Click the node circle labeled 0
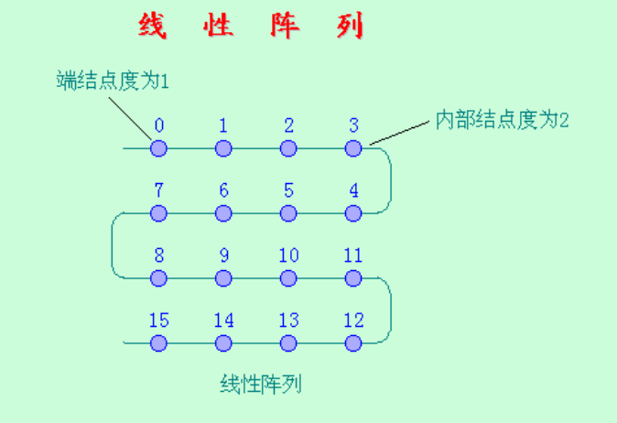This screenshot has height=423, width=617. tap(158, 148)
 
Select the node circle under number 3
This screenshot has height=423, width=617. tap(353, 148)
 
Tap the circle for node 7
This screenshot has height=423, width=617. tap(158, 213)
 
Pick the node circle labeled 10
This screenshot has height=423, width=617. tap(288, 278)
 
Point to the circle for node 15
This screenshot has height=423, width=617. tap(158, 343)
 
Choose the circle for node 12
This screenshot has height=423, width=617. tap(353, 343)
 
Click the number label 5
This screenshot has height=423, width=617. tap(289, 190)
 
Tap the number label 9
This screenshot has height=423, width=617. tap(224, 255)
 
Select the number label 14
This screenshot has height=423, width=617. tap(224, 320)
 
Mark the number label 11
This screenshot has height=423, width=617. tap(353, 255)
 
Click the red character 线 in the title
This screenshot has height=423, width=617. tap(152, 26)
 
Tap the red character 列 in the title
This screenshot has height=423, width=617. tap(350, 26)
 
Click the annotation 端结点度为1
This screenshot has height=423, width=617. tap(113, 81)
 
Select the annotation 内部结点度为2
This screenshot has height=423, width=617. tap(502, 120)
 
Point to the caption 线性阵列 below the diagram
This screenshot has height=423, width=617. tap(261, 384)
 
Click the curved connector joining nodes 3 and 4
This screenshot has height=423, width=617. tap(391, 181)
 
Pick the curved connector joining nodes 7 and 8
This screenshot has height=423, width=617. tap(113, 246)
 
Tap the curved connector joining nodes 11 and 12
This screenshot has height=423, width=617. tap(391, 311)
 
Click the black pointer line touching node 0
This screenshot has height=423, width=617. tap(130, 118)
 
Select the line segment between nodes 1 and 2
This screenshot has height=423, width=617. tap(255, 148)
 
